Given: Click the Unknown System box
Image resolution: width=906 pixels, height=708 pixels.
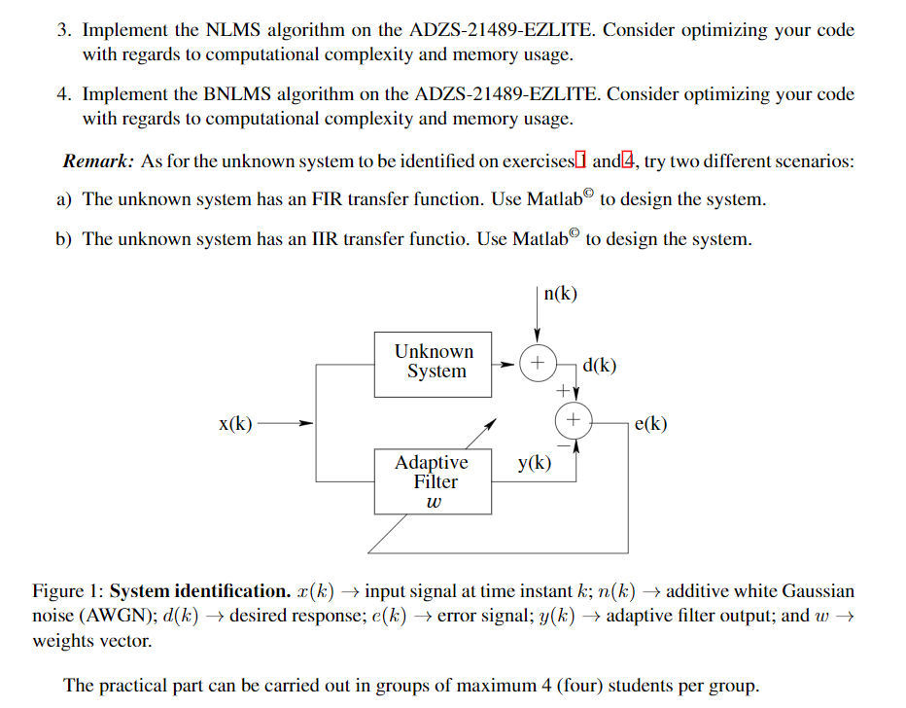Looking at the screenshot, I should tap(433, 364).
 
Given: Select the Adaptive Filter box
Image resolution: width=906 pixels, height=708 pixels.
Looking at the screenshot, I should tap(433, 480).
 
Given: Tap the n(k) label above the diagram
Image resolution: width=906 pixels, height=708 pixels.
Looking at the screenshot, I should tap(560, 294).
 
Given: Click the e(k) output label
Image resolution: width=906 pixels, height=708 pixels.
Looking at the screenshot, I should tap(650, 423).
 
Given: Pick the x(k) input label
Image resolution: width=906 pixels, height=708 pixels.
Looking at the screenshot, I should tap(235, 423).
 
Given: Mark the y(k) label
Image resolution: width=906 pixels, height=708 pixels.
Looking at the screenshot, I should tap(534, 463).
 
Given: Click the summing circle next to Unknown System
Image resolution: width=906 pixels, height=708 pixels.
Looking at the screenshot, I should tap(538, 364).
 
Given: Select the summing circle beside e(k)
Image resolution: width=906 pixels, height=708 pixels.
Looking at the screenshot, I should tap(574, 421).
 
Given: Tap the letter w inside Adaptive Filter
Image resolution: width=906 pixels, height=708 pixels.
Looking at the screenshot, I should tap(434, 502).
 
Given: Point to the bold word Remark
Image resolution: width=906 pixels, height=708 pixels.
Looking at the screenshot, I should tap(98, 160).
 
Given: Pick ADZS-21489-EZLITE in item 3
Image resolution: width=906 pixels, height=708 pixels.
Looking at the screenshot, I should tap(509, 30).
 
